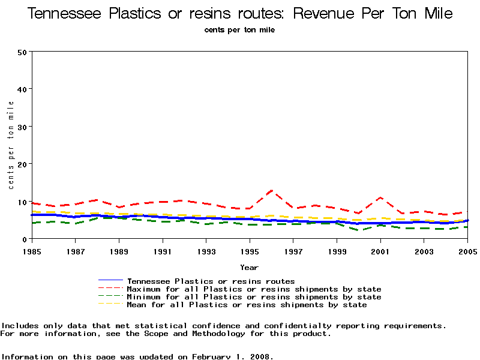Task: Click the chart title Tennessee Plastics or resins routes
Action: [x=240, y=13]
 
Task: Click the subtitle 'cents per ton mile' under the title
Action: [x=240, y=30]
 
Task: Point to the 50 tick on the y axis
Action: [x=23, y=52]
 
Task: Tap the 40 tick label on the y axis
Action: [x=23, y=89]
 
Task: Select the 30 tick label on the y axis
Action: [x=23, y=127]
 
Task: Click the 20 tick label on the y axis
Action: [x=23, y=164]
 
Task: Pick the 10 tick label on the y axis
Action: [x=23, y=202]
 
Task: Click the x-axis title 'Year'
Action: [x=249, y=267]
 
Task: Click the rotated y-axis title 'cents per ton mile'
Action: [x=11, y=145]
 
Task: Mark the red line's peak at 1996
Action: [x=272, y=191]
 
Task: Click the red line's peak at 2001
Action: [x=380, y=197]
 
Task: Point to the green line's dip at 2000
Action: [x=359, y=230]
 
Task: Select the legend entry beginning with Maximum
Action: [x=254, y=289]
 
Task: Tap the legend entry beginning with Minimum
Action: [x=254, y=297]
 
